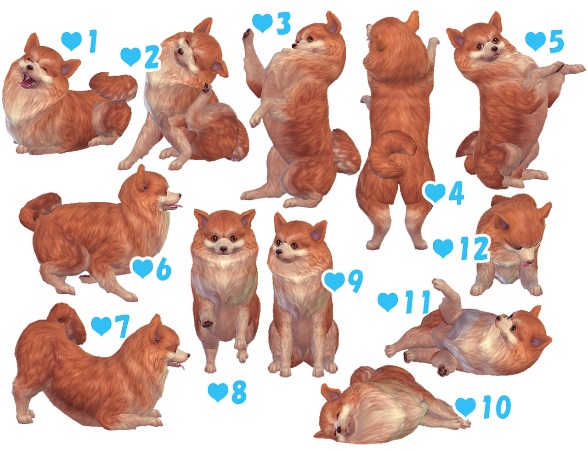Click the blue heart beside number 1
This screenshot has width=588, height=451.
pyautogui.click(x=71, y=41)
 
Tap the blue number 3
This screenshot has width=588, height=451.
pyautogui.click(x=283, y=23)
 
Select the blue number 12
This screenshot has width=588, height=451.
pyautogui.click(x=474, y=249)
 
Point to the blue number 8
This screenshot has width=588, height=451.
pyautogui.click(x=239, y=392)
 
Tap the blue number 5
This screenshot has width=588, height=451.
pyautogui.click(x=556, y=42)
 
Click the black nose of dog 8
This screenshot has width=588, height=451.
pyautogui.click(x=223, y=249)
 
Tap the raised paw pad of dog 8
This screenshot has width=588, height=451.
pyautogui.click(x=207, y=323)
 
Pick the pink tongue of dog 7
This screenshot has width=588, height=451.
pyautogui.click(x=182, y=366)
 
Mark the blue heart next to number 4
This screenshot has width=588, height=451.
pyautogui.click(x=435, y=192)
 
